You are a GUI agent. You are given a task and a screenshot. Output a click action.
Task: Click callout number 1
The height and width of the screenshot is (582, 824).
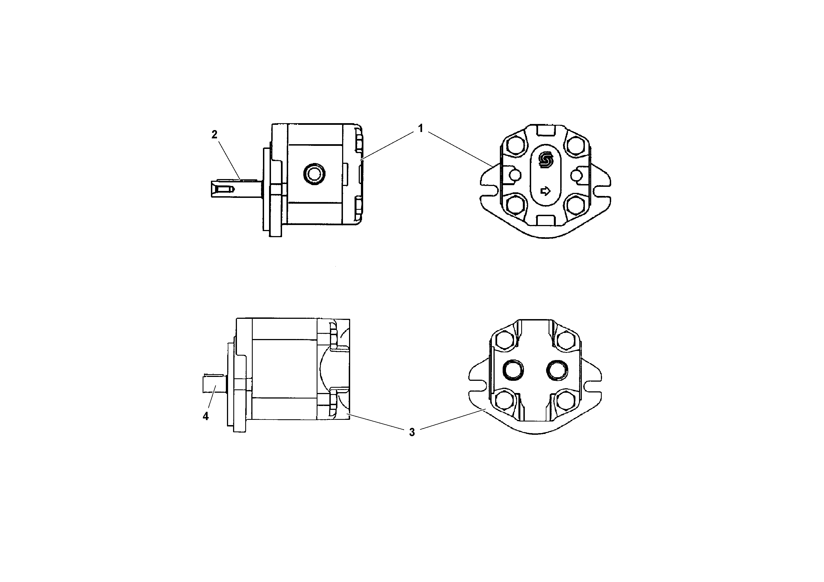(420, 128)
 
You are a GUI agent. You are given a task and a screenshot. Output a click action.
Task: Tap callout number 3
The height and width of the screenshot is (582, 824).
(412, 432)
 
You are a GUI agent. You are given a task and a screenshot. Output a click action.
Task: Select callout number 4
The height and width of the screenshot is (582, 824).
(206, 416)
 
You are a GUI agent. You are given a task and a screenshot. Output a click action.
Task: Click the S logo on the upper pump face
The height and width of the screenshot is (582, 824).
(546, 160)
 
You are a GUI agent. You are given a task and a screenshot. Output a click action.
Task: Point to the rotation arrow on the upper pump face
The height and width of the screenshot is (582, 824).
(545, 191)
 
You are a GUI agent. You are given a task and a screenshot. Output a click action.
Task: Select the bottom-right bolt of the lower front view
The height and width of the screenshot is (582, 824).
(566, 401)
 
